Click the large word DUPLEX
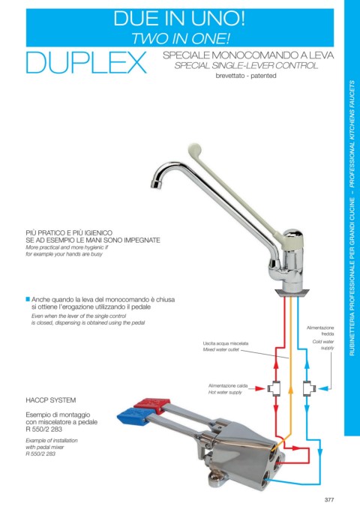coord(86,62)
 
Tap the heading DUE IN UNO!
coord(179,18)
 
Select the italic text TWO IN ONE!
coord(180,39)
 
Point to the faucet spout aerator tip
coord(156,184)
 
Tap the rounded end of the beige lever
coord(194,149)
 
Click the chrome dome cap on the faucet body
coord(294,234)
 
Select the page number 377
coord(329,500)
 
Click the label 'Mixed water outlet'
coord(221,349)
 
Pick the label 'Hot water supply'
coord(225,392)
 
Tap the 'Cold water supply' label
coord(323,345)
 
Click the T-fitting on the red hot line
coord(274,388)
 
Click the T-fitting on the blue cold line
coord(309,388)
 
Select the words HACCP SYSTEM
coord(51,400)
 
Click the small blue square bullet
coord(28,298)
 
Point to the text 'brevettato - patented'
coord(246,76)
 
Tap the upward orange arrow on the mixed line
coord(291,390)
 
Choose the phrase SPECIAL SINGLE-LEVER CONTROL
coord(246,65)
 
